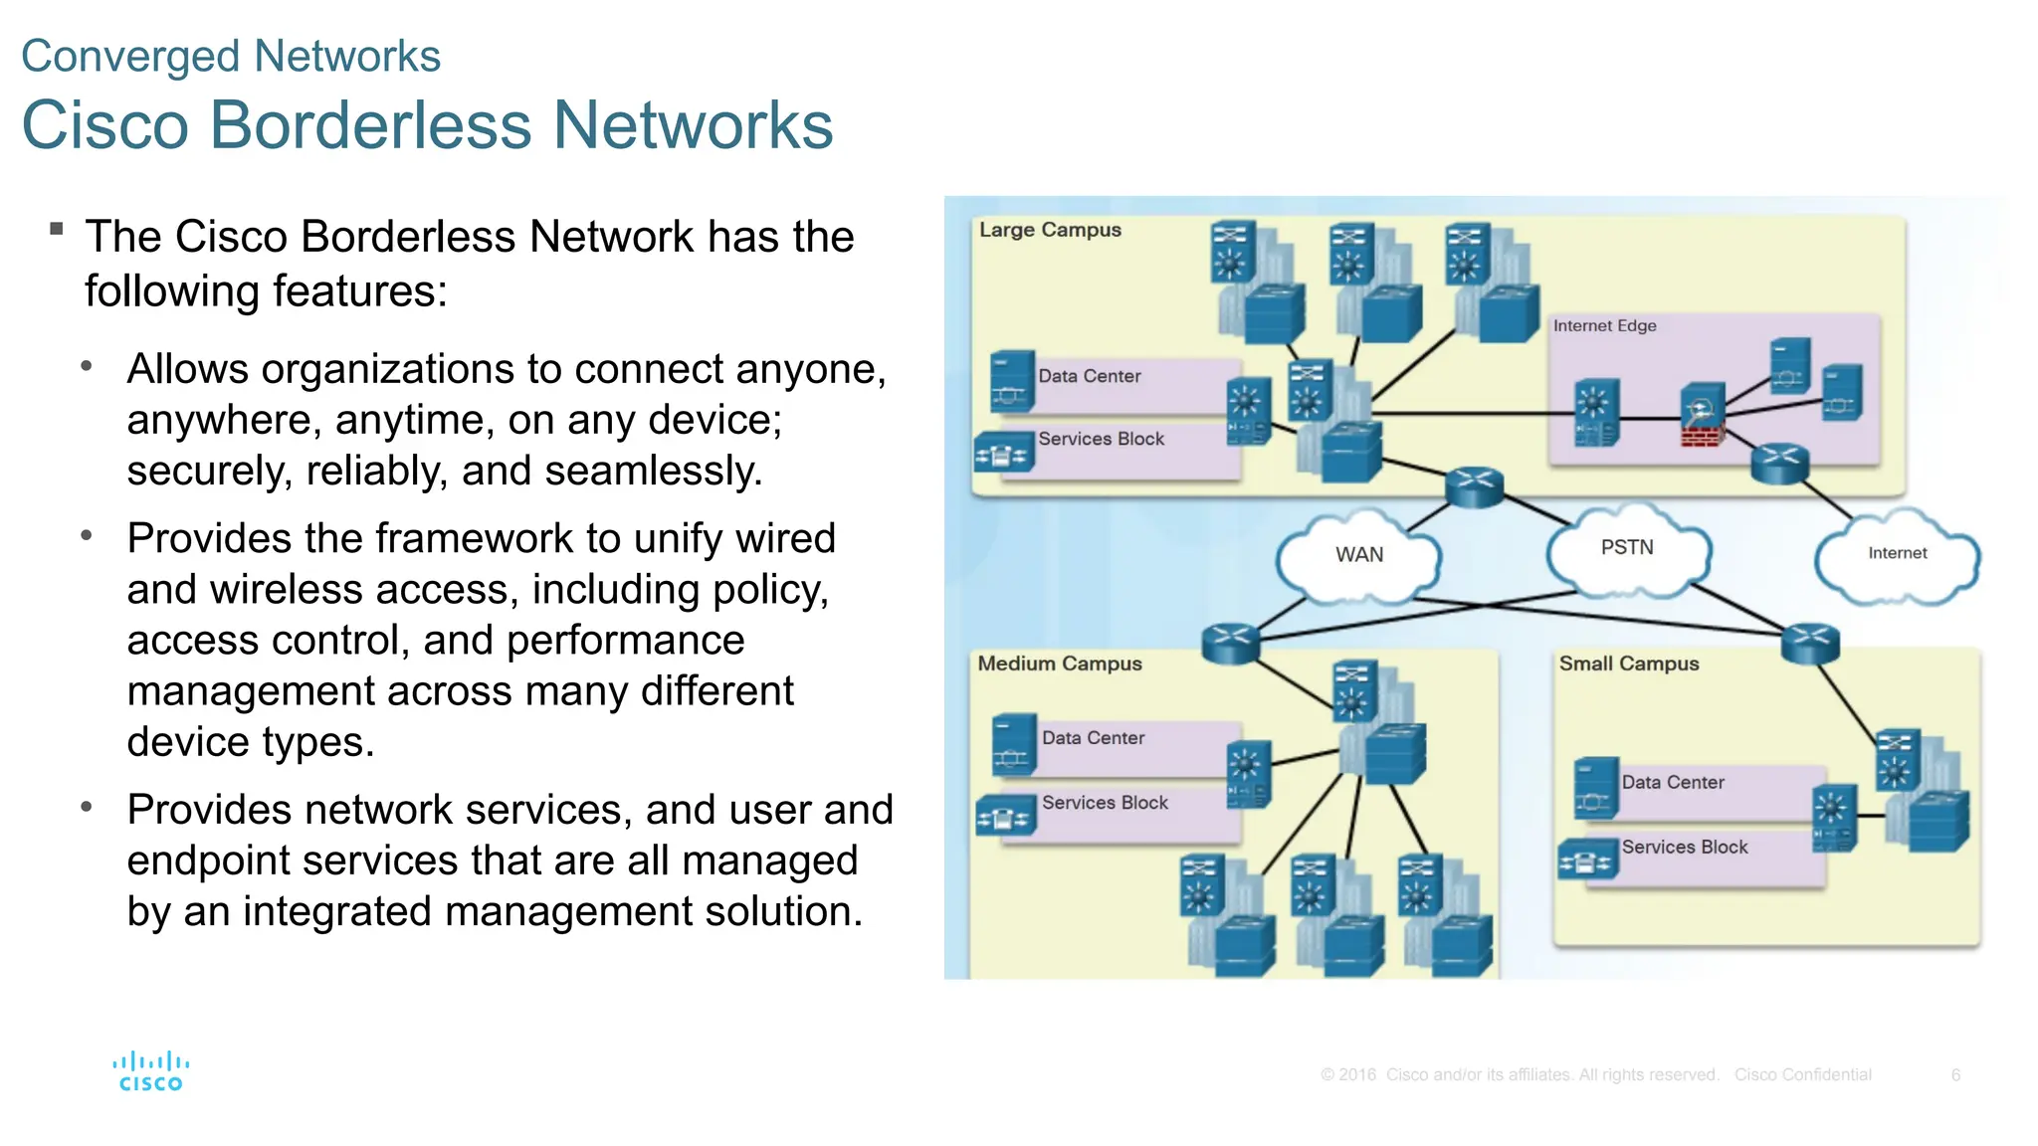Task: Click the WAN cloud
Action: (1359, 555)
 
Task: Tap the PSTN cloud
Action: (1627, 548)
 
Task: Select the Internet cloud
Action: (1897, 554)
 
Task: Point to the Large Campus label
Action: (1050, 230)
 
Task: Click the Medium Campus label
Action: (1060, 664)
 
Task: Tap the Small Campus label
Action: (1629, 664)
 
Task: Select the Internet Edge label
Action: (1604, 325)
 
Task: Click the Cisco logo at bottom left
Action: (151, 1072)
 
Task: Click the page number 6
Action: (1955, 1075)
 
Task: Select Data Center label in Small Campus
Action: (1673, 783)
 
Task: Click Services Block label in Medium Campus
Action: (1105, 803)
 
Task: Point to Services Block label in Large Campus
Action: (1101, 439)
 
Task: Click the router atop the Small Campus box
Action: (1810, 643)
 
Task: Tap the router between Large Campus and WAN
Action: (1474, 486)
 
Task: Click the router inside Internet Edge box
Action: (1779, 463)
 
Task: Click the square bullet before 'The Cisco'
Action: (57, 230)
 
